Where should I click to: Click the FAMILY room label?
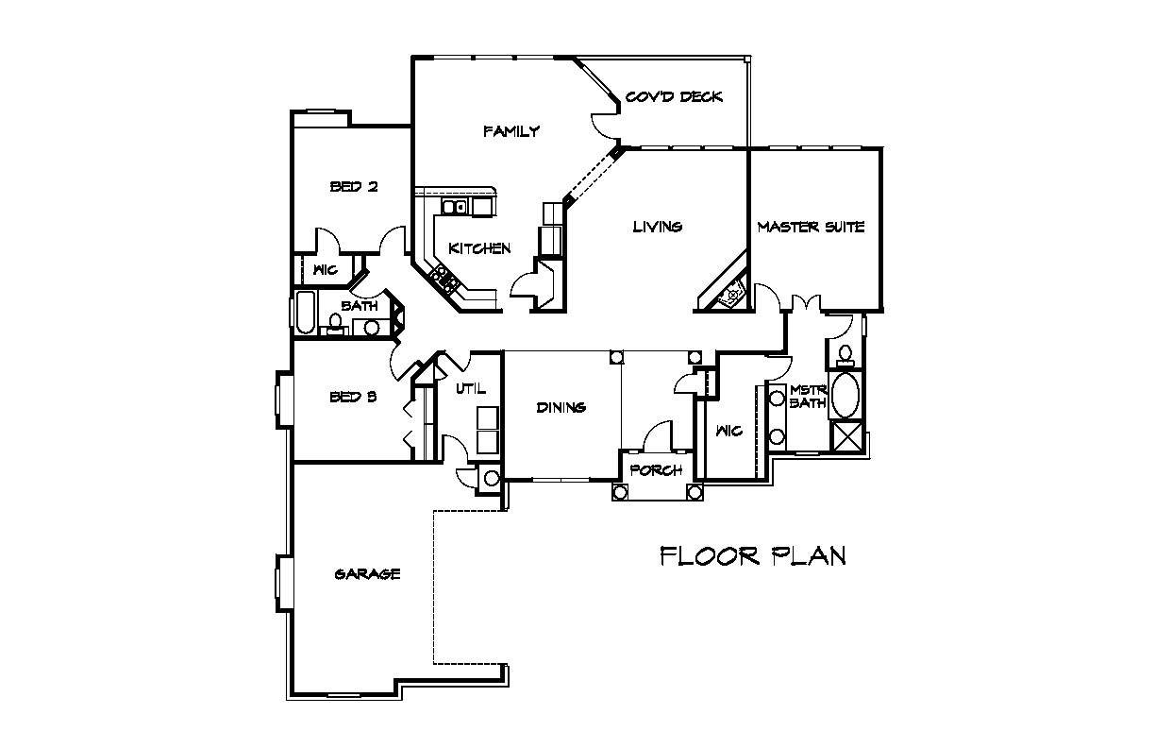[x=511, y=131]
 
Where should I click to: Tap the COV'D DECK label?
[x=674, y=97]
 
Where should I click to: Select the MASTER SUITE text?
[x=811, y=227]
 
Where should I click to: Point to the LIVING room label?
[x=658, y=227]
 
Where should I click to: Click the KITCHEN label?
[x=479, y=248]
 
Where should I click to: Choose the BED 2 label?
[x=354, y=186]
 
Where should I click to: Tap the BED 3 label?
[x=353, y=397]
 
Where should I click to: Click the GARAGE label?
[x=368, y=574]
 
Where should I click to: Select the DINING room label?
[x=561, y=408]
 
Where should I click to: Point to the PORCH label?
[x=657, y=470]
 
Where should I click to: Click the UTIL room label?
[x=471, y=389]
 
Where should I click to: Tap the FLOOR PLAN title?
[x=753, y=556]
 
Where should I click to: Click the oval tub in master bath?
[x=845, y=396]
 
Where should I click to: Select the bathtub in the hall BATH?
[x=306, y=313]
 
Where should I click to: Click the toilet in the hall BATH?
[x=335, y=324]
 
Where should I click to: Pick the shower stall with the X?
[x=846, y=437]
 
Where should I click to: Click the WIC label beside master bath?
[x=729, y=431]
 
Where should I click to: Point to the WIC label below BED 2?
[x=326, y=269]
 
